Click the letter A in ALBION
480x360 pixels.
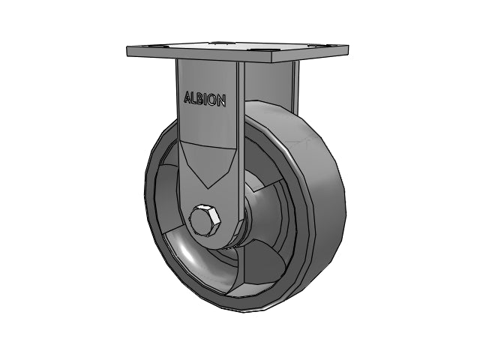(187, 97)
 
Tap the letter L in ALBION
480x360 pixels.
(193, 98)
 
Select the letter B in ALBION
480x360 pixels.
(200, 99)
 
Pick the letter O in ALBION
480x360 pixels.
(212, 100)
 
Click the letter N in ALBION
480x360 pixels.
(221, 100)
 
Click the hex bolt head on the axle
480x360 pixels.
(205, 220)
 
